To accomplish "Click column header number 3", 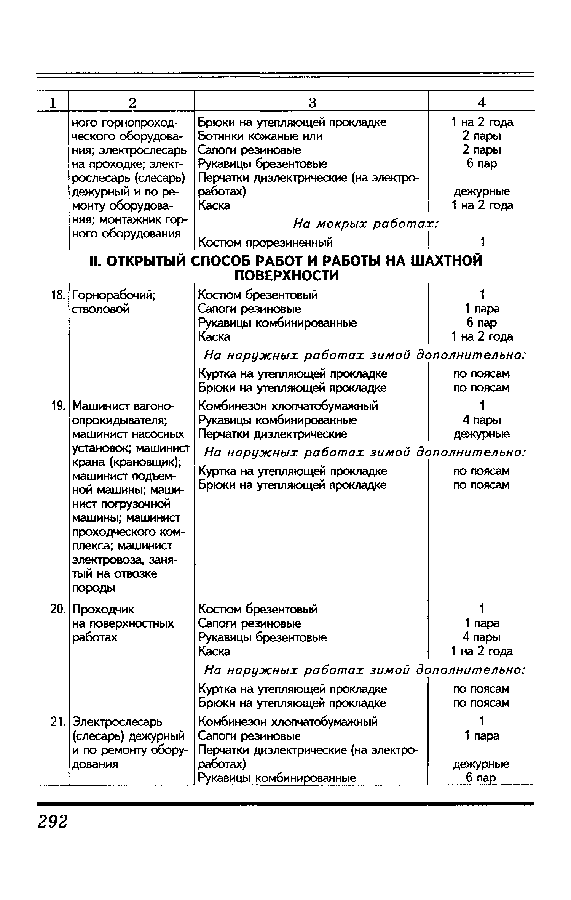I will [312, 102].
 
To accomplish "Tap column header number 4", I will [482, 102].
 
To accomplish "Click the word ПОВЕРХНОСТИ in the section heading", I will [286, 275].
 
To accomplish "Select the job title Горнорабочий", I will [113, 295].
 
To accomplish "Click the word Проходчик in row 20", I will [103, 609].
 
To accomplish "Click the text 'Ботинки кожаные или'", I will [260, 136].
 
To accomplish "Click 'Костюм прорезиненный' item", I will [265, 242].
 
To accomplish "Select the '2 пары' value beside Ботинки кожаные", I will [482, 136].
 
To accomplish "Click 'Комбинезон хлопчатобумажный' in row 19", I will [288, 406].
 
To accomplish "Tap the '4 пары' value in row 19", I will [482, 420].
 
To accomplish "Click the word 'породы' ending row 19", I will [94, 588].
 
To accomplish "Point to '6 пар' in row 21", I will [482, 778].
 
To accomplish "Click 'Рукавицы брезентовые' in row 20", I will [262, 637].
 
